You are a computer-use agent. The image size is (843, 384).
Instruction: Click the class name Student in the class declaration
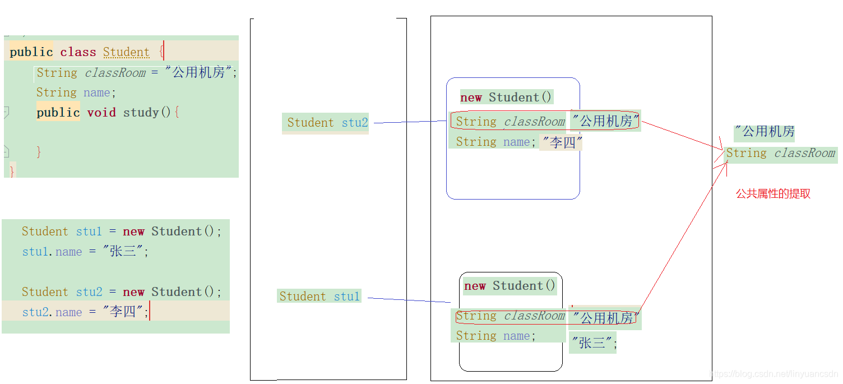126,52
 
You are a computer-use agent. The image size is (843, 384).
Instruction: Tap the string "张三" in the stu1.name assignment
123,251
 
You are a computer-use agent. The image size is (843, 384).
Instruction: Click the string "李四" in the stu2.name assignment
123,312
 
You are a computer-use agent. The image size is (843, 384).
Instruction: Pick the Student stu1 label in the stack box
319,297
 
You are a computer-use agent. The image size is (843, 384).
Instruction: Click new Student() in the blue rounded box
506,98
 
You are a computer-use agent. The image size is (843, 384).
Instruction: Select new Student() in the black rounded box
509,286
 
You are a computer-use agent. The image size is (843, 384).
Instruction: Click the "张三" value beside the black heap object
592,343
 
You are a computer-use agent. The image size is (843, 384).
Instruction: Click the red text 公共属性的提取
773,194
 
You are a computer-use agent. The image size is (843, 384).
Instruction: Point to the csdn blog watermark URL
773,373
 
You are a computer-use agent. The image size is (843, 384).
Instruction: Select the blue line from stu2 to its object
409,122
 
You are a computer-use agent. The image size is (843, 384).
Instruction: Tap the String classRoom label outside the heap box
780,153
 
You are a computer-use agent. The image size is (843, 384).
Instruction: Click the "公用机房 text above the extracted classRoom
765,132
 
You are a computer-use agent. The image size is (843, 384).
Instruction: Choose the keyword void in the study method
101,112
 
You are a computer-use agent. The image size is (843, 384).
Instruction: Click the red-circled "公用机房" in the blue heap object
605,121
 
